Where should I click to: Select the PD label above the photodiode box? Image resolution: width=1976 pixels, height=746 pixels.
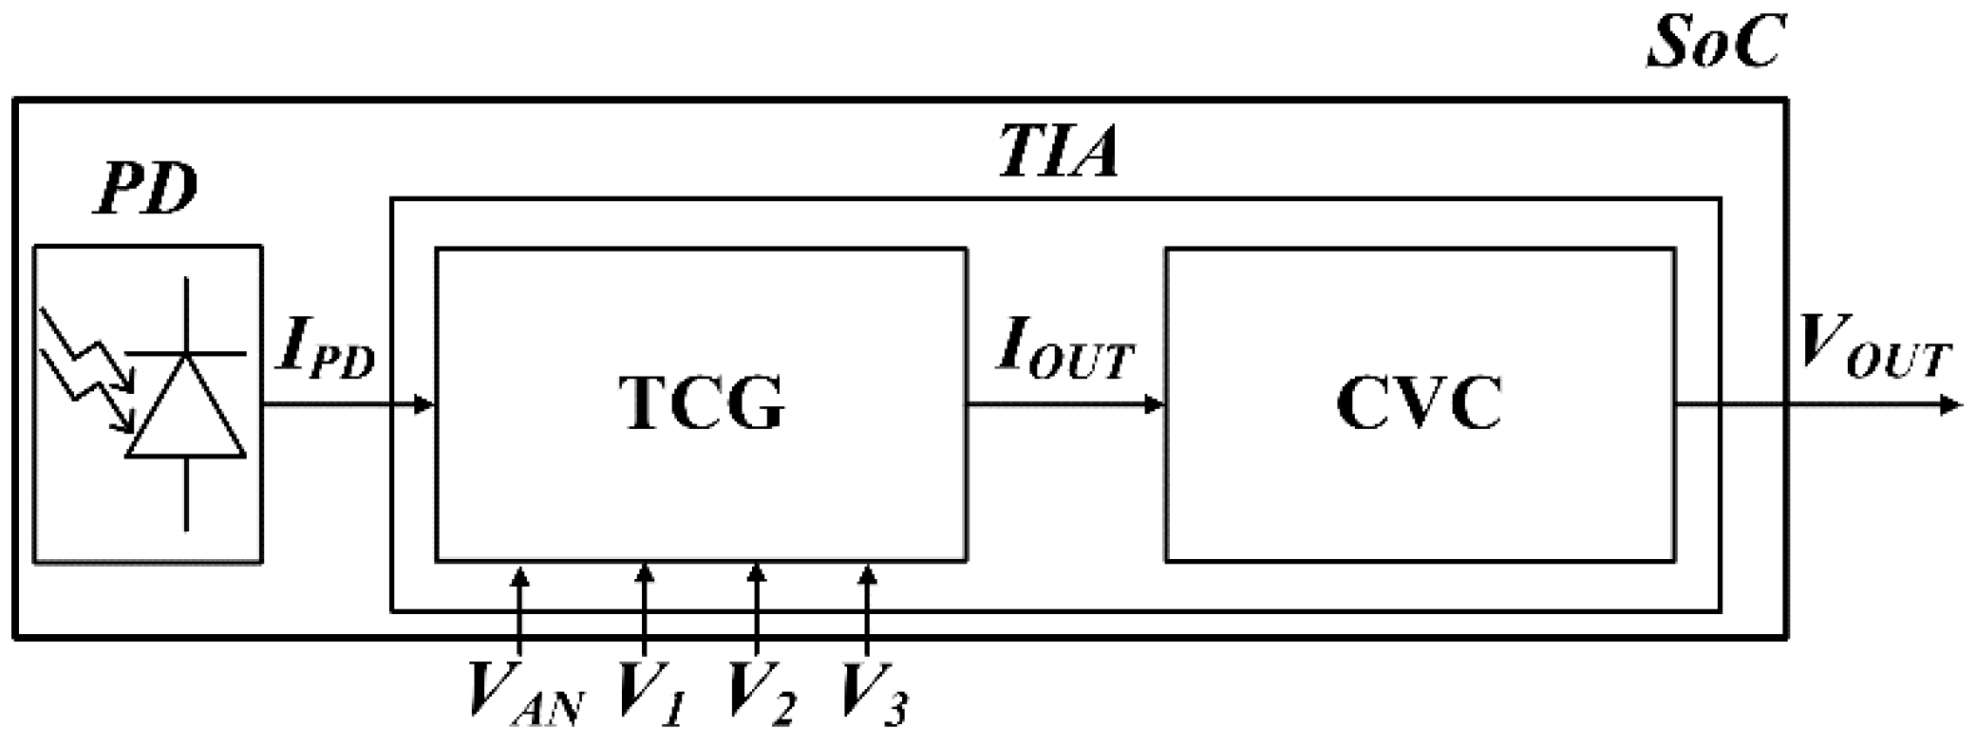pyautogui.click(x=147, y=190)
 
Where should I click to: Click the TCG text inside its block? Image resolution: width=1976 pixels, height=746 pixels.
pyautogui.click(x=703, y=404)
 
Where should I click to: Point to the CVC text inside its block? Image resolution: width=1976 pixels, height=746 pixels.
pyautogui.click(x=1419, y=404)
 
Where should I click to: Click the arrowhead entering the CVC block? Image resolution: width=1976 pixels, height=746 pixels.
pyautogui.click(x=1155, y=405)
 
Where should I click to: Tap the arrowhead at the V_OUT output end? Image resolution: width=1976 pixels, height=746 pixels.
pyautogui.click(x=1950, y=405)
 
